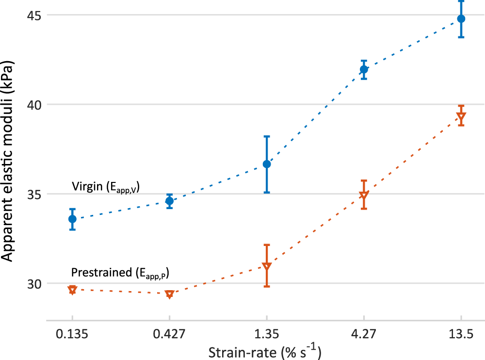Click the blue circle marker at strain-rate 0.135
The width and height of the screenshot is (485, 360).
[72, 219]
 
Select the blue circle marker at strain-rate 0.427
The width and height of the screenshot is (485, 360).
[169, 201]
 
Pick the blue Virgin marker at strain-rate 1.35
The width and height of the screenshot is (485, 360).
[267, 164]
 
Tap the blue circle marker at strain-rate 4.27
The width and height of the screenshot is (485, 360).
[364, 69]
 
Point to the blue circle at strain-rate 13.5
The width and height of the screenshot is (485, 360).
[461, 19]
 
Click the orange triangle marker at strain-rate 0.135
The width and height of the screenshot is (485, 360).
[72, 290]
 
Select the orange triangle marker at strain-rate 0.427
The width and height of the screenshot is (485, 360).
[169, 294]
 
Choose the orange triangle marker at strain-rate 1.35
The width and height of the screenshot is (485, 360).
[267, 266]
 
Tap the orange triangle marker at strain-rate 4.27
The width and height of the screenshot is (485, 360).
[364, 196]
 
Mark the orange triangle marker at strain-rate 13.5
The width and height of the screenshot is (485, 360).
[461, 117]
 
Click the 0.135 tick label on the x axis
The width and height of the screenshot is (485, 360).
[72, 335]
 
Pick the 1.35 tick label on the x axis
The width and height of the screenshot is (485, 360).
[267, 335]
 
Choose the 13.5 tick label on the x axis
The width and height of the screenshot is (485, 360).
[461, 335]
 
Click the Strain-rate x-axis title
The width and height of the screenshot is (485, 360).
[265, 351]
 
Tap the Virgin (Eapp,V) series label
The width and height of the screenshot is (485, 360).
[106, 187]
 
